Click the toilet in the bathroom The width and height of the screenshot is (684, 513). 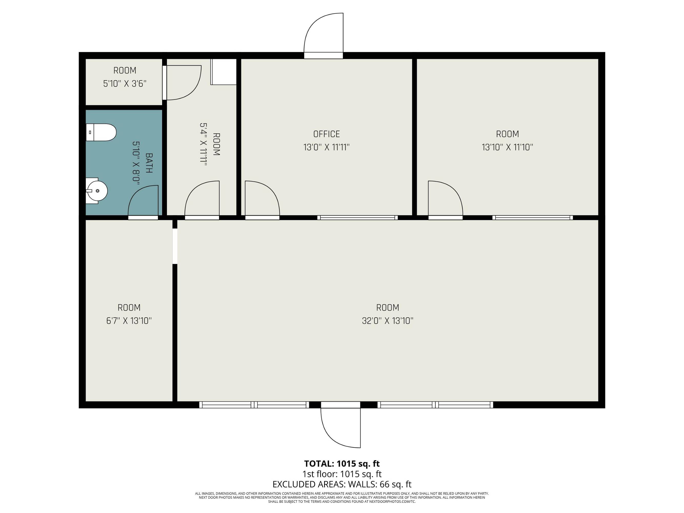(101, 132)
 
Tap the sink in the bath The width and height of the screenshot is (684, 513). (96, 191)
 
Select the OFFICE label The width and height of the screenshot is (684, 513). (326, 134)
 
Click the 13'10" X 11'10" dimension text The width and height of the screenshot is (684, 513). (508, 147)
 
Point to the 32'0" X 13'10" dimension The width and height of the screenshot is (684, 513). (388, 321)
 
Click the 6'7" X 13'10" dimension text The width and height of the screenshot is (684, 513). (129, 321)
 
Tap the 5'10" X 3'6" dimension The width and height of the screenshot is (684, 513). (125, 83)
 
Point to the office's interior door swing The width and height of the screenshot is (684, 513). (262, 198)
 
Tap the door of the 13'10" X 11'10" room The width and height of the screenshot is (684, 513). (445, 198)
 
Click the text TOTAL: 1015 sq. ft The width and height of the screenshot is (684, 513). (342, 463)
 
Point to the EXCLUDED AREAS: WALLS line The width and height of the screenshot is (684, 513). (342, 484)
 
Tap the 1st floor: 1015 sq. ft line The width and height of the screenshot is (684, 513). (342, 474)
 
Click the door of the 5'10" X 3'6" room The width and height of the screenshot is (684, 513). (182, 83)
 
